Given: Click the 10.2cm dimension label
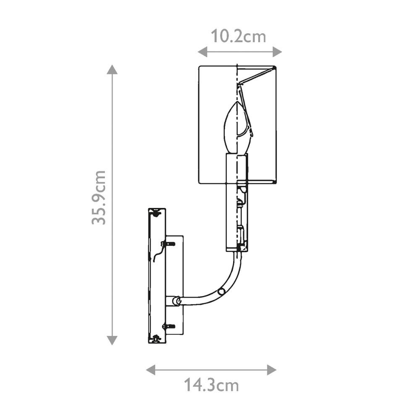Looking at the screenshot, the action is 239,37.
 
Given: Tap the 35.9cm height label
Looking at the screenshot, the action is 99,197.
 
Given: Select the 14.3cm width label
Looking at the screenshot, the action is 211,385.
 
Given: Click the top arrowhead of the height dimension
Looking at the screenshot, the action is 112,69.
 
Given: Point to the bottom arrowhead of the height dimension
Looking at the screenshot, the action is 112,340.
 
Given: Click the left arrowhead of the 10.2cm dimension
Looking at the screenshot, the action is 202,51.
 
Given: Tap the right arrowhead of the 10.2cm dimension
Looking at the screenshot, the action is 277,51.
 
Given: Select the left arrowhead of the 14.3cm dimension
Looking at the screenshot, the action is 151,370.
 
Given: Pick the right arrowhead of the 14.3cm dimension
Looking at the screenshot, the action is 272,370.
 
